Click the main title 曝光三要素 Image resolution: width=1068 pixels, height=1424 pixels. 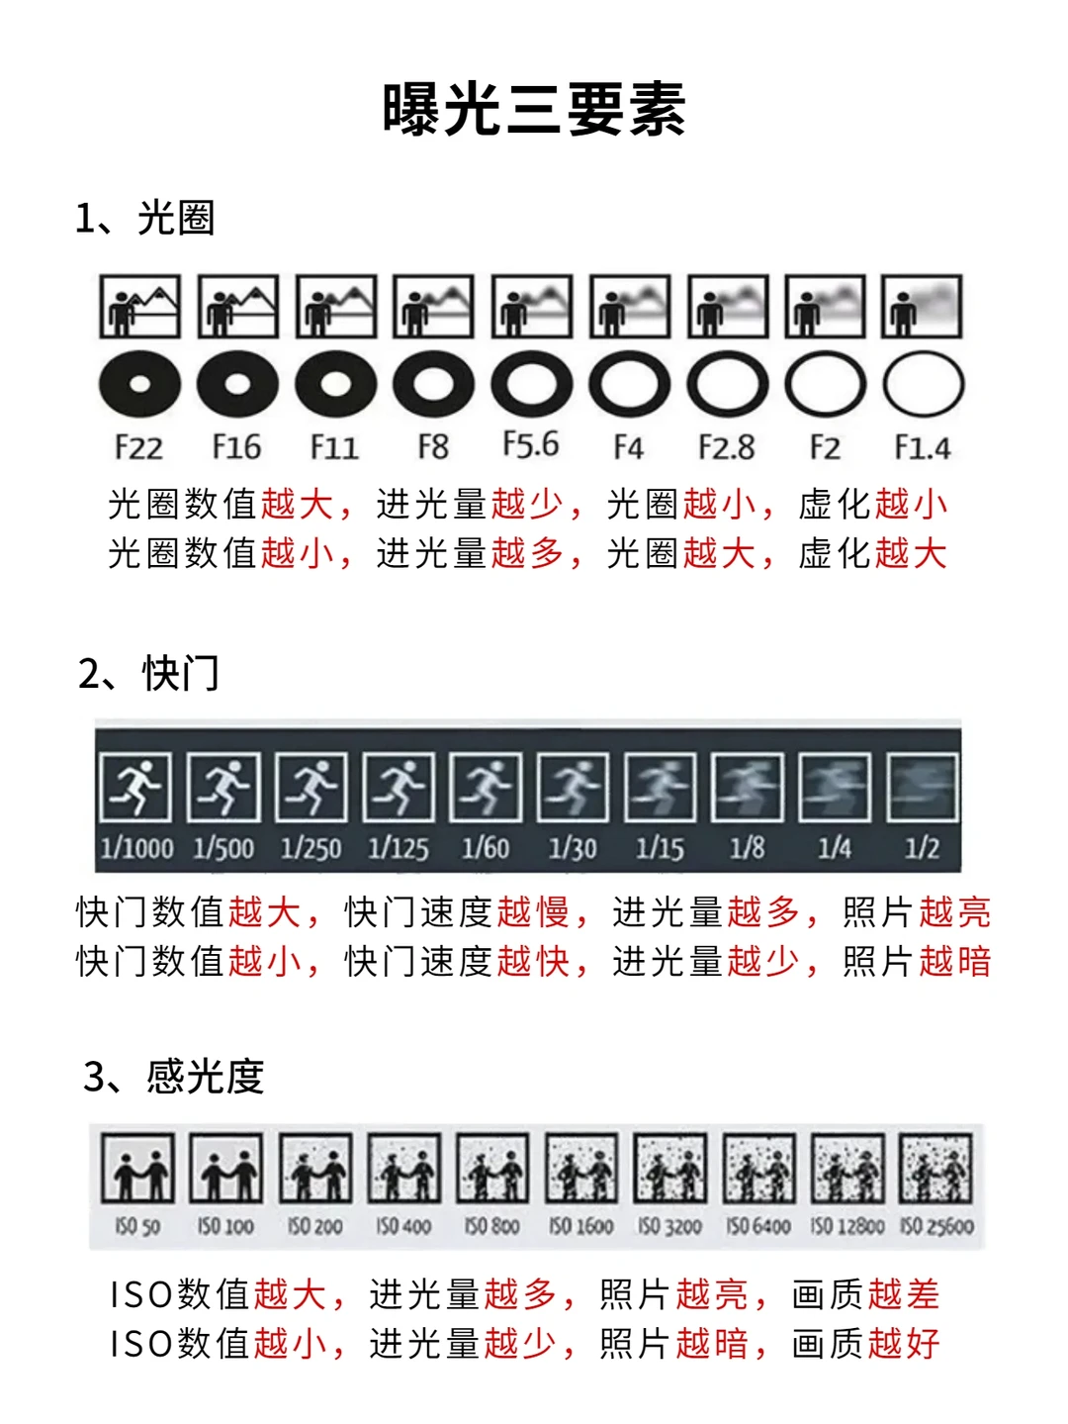point(534,109)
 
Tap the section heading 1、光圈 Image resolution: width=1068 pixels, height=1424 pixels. point(144,218)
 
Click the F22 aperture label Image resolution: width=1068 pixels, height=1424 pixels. point(138,447)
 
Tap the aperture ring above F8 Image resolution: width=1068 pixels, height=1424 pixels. point(433,384)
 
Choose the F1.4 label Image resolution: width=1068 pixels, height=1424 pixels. point(923,447)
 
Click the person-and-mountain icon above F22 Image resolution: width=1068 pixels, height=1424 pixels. point(140,306)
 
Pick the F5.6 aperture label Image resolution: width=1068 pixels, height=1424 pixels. point(531,444)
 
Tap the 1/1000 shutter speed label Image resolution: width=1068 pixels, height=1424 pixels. point(136,848)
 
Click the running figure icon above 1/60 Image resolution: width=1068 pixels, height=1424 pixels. point(486,787)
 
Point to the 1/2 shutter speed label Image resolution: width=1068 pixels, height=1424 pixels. point(922,848)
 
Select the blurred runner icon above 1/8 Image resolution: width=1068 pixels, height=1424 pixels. point(748,787)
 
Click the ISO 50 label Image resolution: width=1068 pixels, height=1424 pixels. point(137,1226)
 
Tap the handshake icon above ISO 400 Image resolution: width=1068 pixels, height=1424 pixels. point(403,1168)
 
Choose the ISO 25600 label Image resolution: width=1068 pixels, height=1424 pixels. point(936,1226)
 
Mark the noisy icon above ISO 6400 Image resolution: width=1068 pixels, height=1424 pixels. point(758,1168)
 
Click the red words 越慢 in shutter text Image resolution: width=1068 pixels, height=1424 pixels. point(533,912)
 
